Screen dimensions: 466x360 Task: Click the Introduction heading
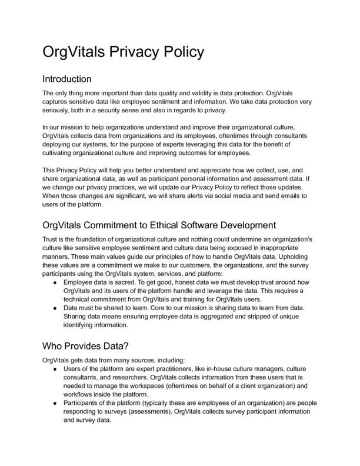point(67,78)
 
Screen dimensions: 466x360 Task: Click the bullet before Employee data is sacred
point(55,282)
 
